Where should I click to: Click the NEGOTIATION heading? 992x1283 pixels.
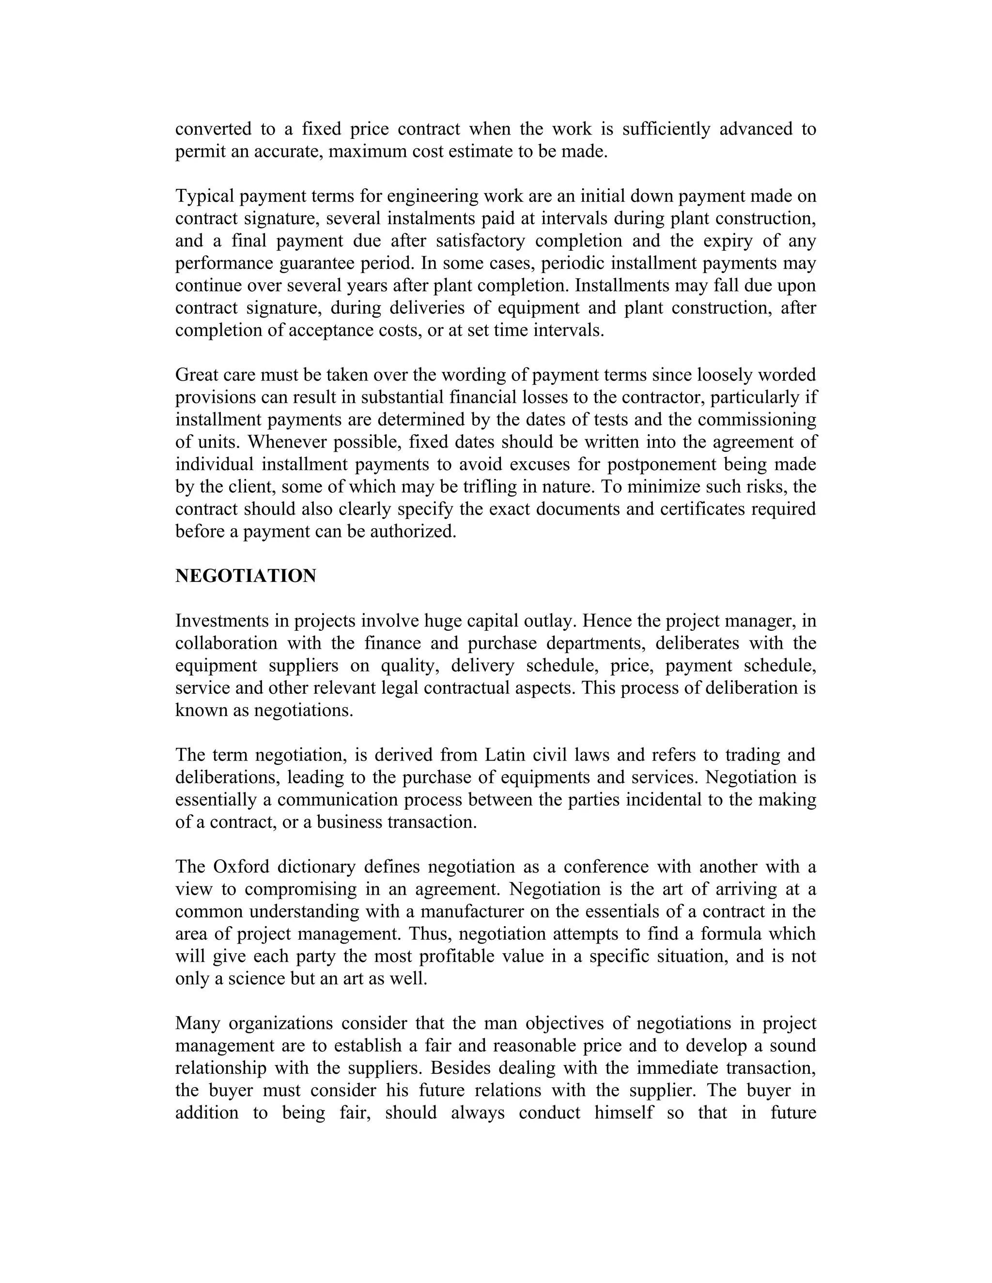(246, 576)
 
